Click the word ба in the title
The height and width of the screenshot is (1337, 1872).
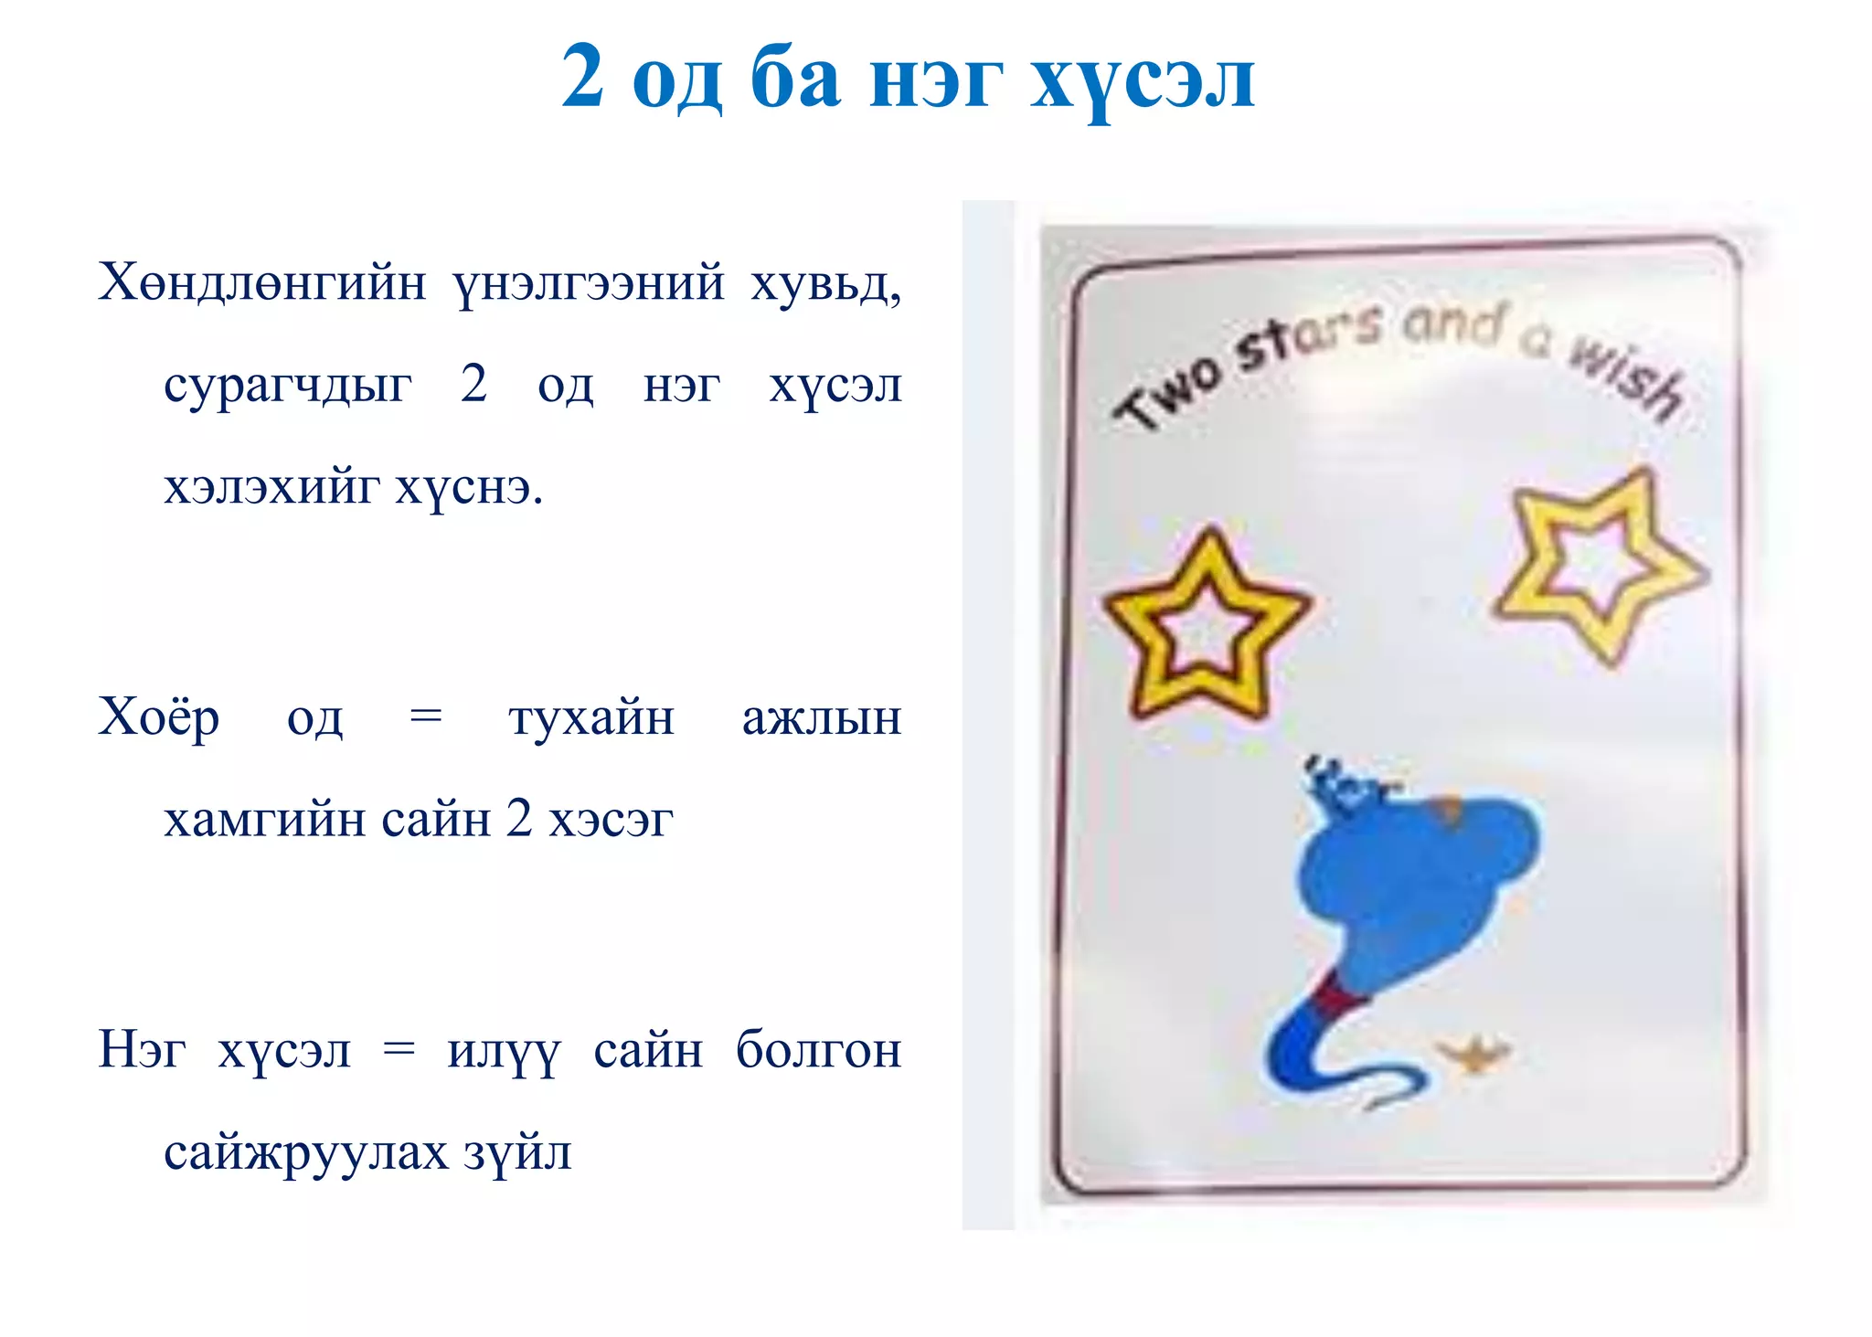pyautogui.click(x=794, y=79)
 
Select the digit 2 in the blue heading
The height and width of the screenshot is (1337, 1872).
pyautogui.click(x=582, y=77)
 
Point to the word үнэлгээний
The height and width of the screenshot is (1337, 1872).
pyautogui.click(x=589, y=283)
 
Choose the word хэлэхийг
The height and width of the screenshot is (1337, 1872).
pyautogui.click(x=271, y=486)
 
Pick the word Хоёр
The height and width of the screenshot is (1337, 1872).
pyautogui.click(x=159, y=716)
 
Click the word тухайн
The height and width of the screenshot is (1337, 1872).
pyautogui.click(x=591, y=718)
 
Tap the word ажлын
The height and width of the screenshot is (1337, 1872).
pyautogui.click(x=821, y=718)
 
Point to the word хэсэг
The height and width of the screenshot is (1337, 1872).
pyautogui.click(x=611, y=820)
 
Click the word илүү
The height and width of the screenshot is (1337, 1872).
pyautogui.click(x=503, y=1051)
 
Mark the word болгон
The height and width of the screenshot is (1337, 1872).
pyautogui.click(x=818, y=1049)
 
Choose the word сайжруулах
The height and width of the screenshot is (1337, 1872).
pyautogui.click(x=305, y=1152)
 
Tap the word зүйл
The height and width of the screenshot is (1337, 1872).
pyautogui.click(x=517, y=1152)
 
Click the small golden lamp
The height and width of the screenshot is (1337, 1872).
pyautogui.click(x=1473, y=1056)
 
